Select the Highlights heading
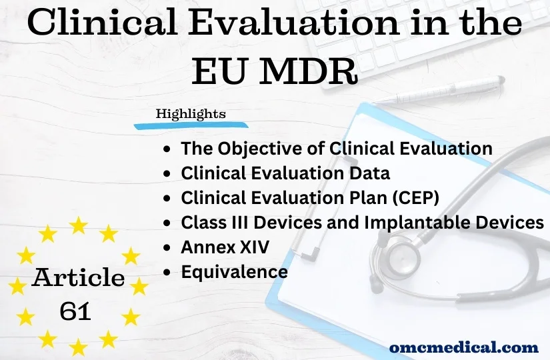191,114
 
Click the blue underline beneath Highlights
191,125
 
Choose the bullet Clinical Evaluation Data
285,173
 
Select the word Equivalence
234,272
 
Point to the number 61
75,310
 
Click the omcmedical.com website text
463,347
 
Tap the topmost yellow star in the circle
79,225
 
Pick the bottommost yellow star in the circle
79,347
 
